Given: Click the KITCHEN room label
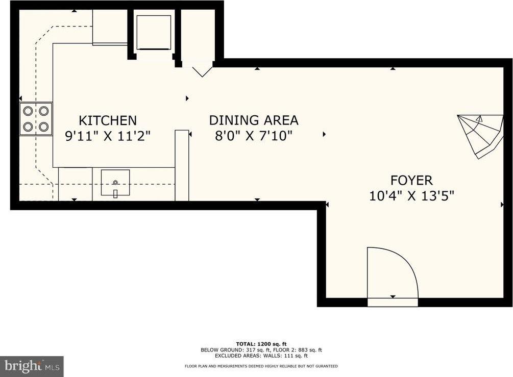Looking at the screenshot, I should click(x=107, y=120).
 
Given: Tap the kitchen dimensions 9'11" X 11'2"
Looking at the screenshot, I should click(x=108, y=136).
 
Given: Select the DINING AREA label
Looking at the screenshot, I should click(x=253, y=120).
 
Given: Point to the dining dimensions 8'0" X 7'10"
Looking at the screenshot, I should click(x=253, y=136).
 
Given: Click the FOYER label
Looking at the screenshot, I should click(x=411, y=180).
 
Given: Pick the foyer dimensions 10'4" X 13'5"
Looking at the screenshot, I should click(x=411, y=196).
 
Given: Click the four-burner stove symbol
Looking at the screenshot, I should click(x=36, y=119).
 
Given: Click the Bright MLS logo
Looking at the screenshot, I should click(x=31, y=366).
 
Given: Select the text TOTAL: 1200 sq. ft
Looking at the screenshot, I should click(x=261, y=343).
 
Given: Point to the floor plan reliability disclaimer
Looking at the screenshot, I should click(x=261, y=366).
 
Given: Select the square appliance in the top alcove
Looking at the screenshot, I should click(x=154, y=33).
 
